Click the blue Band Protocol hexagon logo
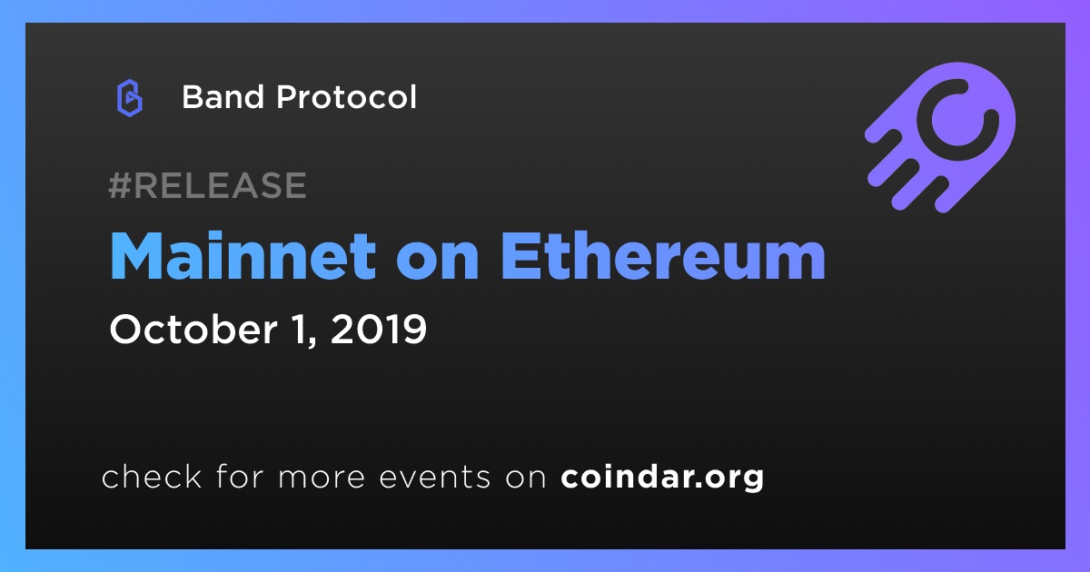coord(129,98)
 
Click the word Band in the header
coord(223,97)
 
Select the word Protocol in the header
coord(346,97)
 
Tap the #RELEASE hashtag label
coord(207,185)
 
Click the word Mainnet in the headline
coord(243,256)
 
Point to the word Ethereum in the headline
coord(663,256)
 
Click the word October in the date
coord(193,330)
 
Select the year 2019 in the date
coord(379,330)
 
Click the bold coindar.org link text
coord(662,478)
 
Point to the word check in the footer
coord(152,476)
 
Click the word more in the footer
coord(322,478)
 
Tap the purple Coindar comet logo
coord(940,137)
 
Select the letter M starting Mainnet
coord(137,256)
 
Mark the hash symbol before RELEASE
coord(119,185)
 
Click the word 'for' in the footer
coord(240,476)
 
